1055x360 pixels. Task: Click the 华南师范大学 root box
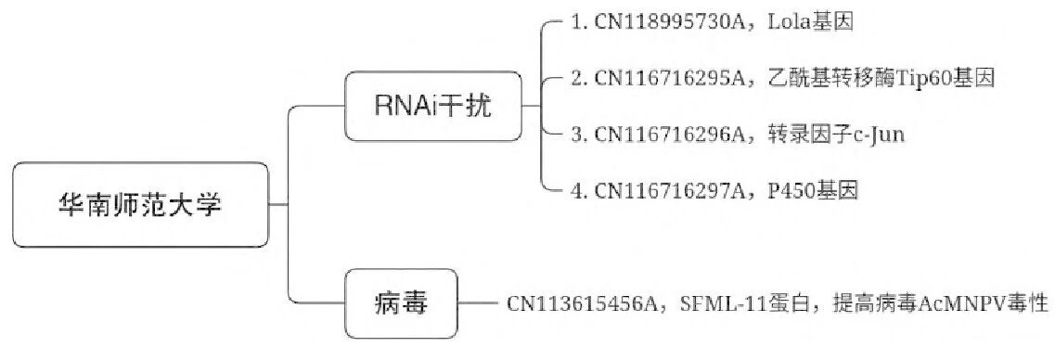140,204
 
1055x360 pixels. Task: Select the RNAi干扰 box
432,106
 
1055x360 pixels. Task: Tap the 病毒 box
402,302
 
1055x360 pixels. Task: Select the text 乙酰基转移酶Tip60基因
882,78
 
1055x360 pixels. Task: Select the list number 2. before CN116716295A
581,78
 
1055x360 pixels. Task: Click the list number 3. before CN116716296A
581,135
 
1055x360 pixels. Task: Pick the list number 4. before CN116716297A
581,192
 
